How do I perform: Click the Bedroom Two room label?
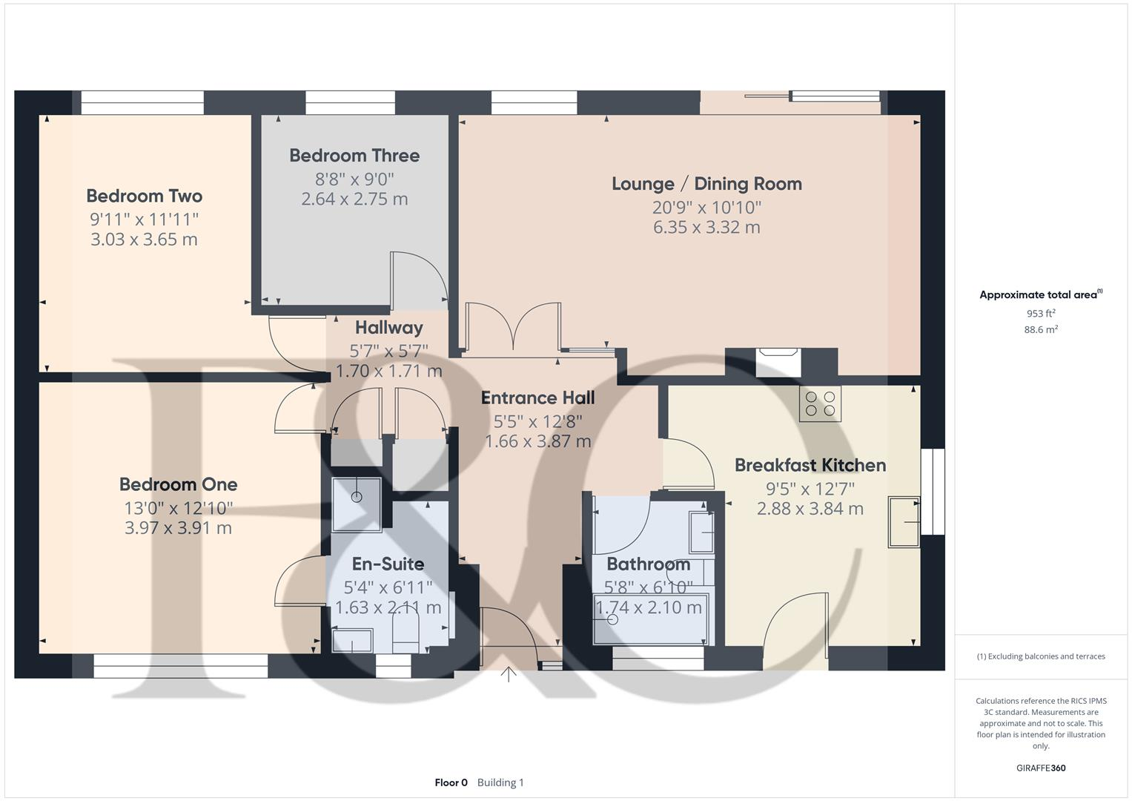pos(144,196)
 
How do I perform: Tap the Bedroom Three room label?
pos(354,156)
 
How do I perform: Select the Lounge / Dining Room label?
pos(706,184)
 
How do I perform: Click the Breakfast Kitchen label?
pos(810,465)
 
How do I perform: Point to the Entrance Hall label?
pos(537,398)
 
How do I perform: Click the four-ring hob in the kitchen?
pos(820,403)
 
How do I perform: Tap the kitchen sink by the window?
pos(904,522)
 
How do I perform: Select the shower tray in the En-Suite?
pos(357,504)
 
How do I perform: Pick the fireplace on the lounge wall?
pos(777,362)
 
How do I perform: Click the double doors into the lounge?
pos(512,326)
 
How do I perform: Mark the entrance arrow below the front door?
pos(509,675)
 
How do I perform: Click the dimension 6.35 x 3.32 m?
pos(706,228)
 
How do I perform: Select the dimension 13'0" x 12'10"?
pos(178,508)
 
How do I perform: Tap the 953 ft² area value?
pos(1041,314)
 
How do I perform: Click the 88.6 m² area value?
pos(1041,330)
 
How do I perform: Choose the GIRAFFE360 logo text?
pos(1041,768)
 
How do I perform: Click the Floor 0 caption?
pos(451,782)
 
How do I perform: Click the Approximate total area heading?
pos(1040,295)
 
